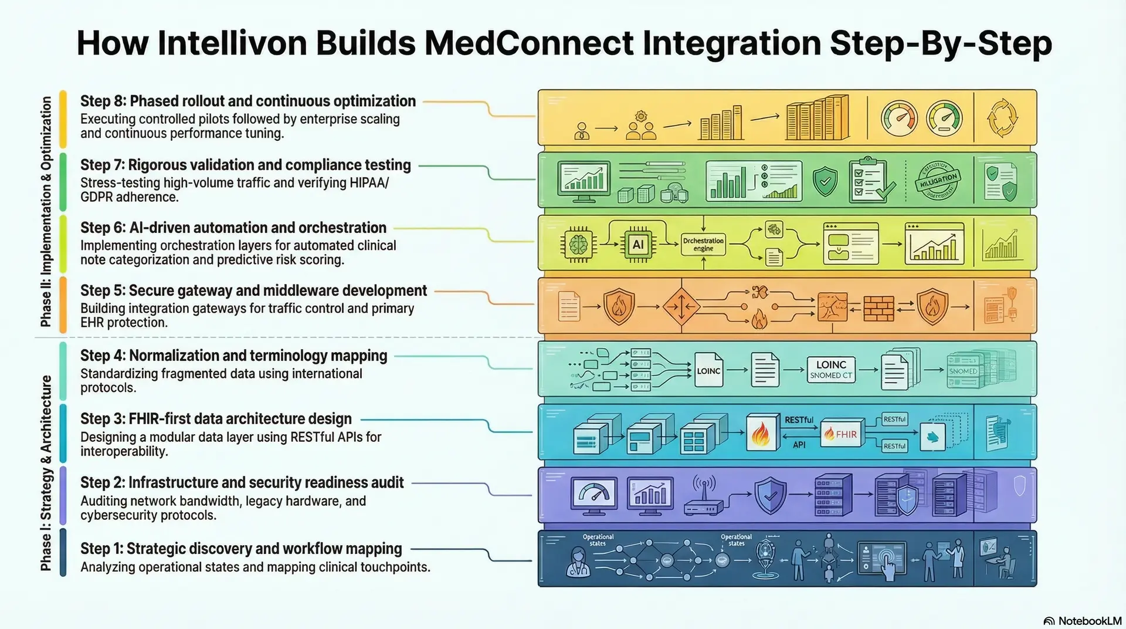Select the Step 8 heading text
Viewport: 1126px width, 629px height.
coord(247,101)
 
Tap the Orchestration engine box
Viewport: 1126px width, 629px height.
coord(703,245)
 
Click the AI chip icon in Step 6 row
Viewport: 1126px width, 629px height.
coord(638,245)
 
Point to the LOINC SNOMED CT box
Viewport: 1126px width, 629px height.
coord(830,370)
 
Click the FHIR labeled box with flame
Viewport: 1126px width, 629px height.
coord(842,434)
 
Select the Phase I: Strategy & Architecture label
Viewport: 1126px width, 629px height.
coord(46,473)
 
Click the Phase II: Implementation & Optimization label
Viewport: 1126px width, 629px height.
coord(46,211)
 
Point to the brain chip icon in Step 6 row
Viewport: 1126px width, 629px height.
coord(578,244)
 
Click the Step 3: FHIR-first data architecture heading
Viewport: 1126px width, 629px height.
coord(216,418)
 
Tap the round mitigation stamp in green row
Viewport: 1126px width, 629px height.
coord(938,180)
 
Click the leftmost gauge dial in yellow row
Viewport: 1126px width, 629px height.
coord(898,118)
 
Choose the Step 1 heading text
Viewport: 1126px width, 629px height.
coord(240,549)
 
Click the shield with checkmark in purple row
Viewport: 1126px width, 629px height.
coord(770,496)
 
